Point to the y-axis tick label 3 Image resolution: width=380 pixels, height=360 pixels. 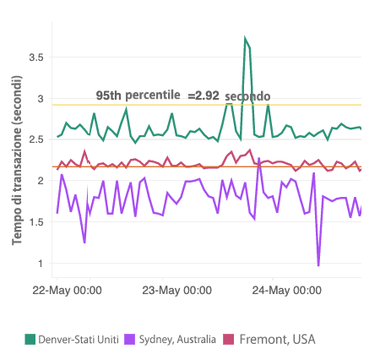[x=39, y=99]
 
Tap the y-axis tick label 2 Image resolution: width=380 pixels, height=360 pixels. [x=39, y=181]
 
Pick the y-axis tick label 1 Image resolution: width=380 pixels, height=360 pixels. [x=39, y=263]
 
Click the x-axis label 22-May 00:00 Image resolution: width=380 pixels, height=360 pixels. [x=67, y=290]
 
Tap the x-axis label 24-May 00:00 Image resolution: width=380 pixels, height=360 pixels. [x=286, y=290]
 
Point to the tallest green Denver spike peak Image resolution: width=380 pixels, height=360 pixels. [x=245, y=39]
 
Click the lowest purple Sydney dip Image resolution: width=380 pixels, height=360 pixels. [x=318, y=265]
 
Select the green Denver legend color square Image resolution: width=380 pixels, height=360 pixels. [x=30, y=339]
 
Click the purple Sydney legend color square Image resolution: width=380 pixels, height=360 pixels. [x=130, y=339]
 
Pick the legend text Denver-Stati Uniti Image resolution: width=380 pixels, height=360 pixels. [x=79, y=339]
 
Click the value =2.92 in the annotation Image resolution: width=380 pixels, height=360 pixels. [x=204, y=95]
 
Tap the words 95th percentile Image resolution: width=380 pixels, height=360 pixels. [x=137, y=95]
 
